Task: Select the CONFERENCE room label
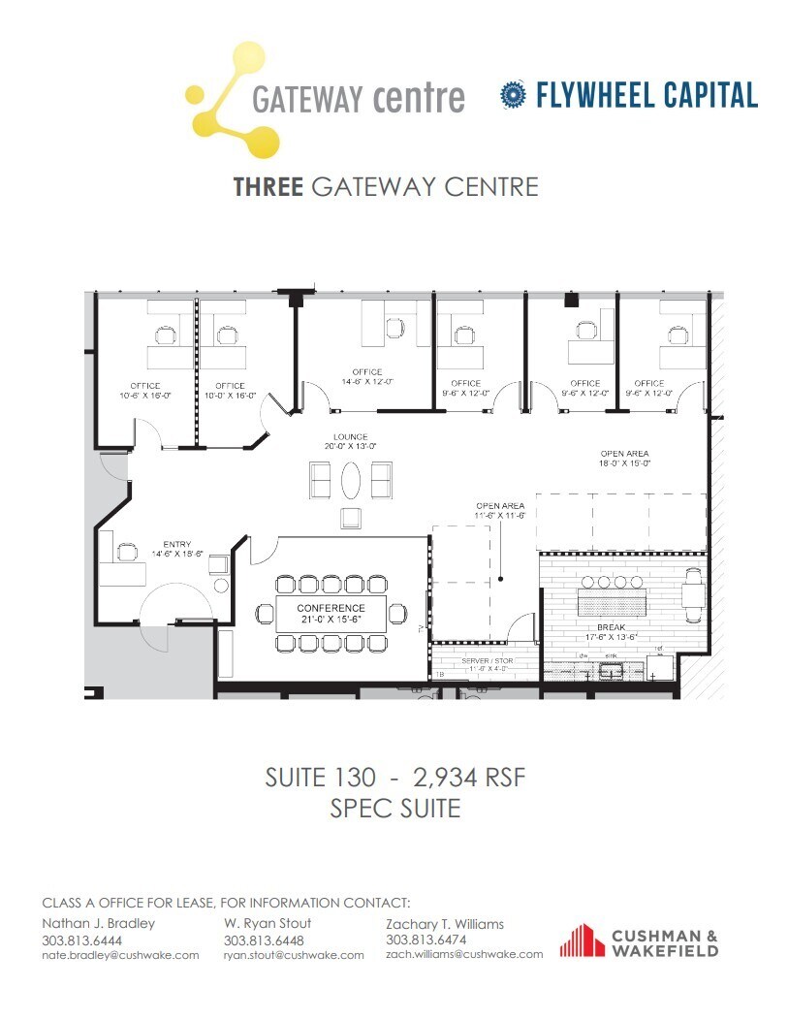pos(331,614)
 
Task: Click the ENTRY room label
pos(177,549)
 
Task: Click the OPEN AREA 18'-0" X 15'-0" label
pos(623,459)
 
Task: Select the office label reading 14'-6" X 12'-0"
pos(367,377)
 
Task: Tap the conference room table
pos(331,614)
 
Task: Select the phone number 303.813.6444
pos(82,939)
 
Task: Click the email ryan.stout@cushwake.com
pos(294,955)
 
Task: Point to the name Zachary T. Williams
pos(444,924)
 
